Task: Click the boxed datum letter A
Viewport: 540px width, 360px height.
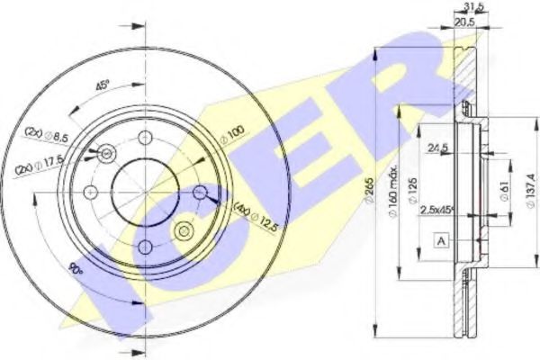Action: [441, 239]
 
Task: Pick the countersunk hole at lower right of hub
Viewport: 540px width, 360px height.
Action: [184, 229]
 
